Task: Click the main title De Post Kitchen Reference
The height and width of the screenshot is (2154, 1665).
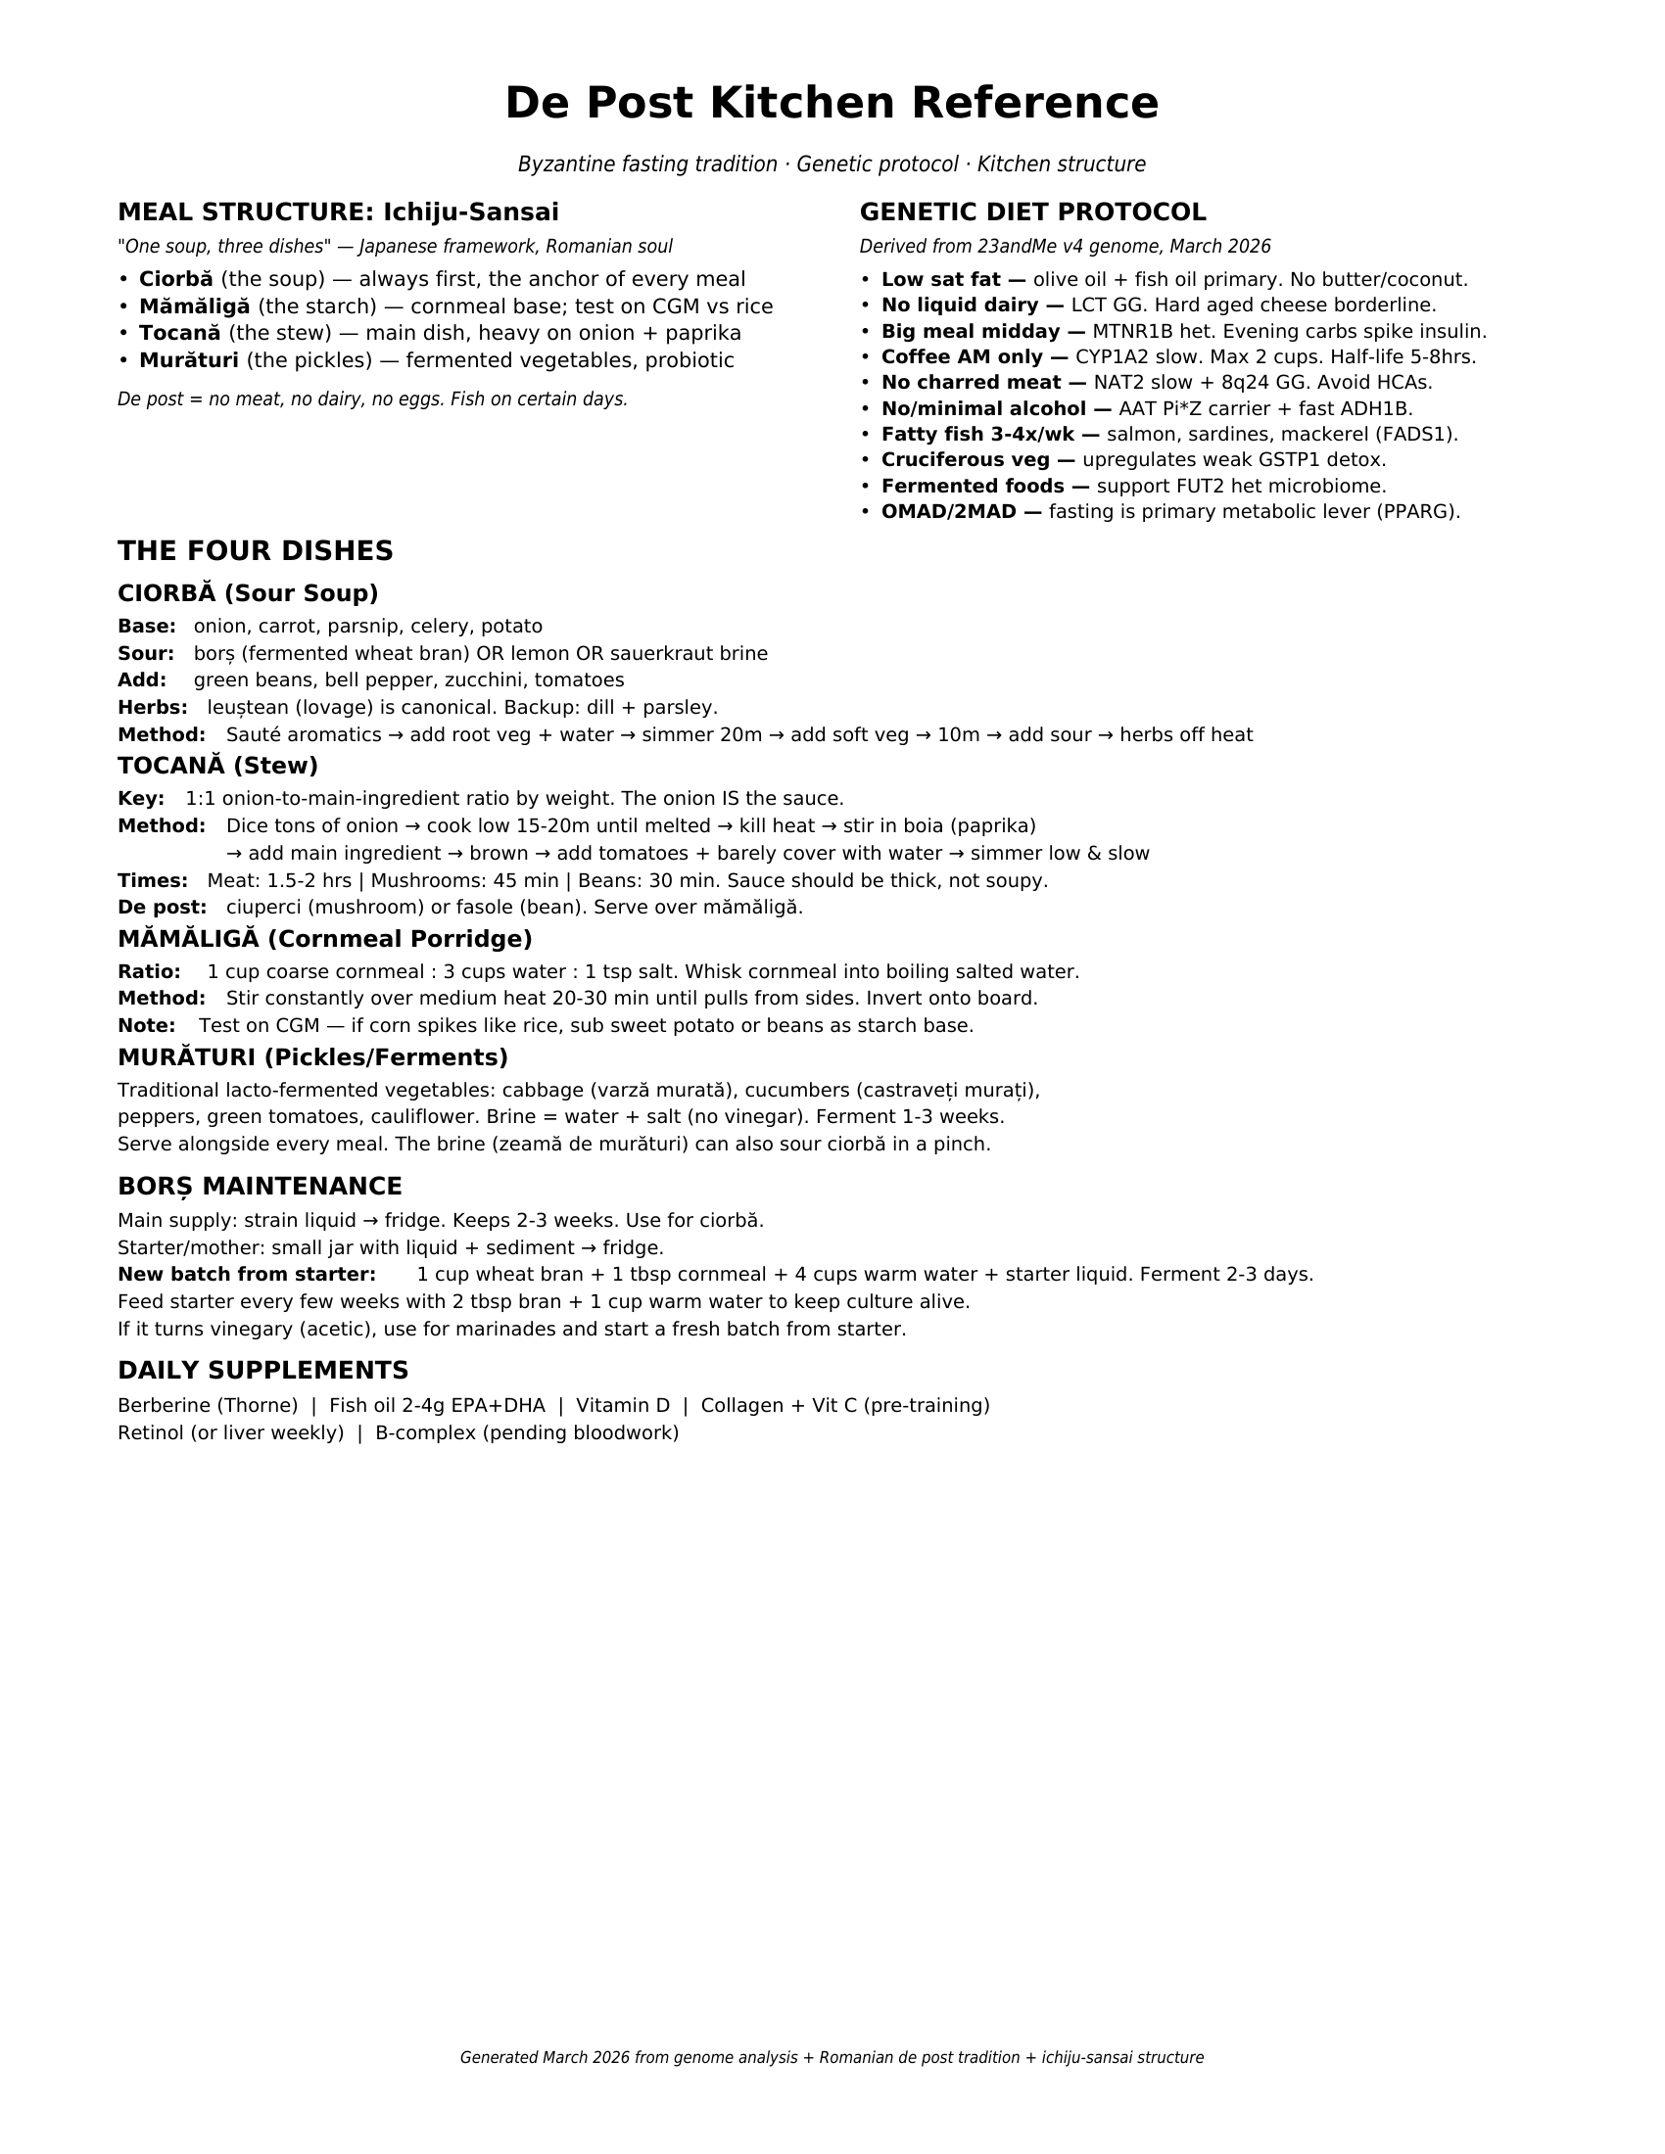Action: (832, 104)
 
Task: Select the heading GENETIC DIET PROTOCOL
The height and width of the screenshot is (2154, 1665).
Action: (1032, 212)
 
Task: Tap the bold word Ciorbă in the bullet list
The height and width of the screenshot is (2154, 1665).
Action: (175, 279)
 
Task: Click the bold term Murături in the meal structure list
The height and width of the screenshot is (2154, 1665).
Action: (188, 360)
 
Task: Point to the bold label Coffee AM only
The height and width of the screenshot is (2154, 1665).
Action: (962, 357)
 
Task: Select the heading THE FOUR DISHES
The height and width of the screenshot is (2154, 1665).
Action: (256, 550)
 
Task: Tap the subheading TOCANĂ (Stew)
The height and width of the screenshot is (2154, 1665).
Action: (218, 766)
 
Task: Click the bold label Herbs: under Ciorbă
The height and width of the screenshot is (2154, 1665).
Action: (152, 707)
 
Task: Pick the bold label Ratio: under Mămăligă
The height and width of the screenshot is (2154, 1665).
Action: (149, 971)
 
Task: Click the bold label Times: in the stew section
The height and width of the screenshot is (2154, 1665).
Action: (152, 881)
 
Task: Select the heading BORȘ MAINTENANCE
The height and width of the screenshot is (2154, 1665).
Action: (260, 1186)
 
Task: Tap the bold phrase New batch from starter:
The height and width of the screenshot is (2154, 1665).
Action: (247, 1274)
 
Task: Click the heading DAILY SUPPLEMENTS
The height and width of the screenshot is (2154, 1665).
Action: (262, 1370)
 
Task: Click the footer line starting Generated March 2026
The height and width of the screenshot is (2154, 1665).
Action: (832, 2057)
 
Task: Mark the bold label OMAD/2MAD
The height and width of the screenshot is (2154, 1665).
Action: (949, 512)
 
